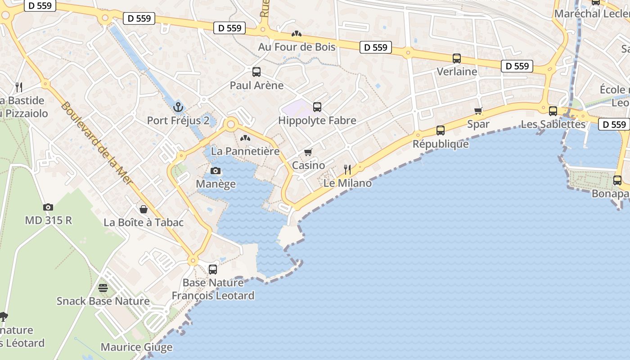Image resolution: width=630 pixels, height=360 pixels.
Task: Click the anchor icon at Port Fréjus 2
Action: (179, 107)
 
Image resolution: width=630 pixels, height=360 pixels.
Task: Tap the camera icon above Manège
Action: (216, 171)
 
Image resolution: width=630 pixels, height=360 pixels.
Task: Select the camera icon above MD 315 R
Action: (48, 207)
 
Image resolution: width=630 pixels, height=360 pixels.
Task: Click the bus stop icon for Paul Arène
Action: (256, 72)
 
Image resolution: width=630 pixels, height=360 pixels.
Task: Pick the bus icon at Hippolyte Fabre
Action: (317, 107)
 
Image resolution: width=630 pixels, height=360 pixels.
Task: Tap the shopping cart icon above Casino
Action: (308, 153)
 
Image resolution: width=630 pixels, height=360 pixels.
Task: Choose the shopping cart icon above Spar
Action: (478, 111)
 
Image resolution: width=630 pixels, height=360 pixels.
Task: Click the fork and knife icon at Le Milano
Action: (347, 169)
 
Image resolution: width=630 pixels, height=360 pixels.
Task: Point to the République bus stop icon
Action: (441, 130)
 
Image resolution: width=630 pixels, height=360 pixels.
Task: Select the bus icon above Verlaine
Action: (457, 58)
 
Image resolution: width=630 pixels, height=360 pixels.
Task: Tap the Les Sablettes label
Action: (553, 124)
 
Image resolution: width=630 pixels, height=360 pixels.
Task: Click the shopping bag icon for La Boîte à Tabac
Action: (144, 209)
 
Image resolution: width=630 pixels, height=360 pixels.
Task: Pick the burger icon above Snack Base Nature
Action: (103, 288)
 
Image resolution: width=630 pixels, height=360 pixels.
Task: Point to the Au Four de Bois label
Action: (297, 47)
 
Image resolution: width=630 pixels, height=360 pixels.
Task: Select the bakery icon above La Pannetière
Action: (245, 138)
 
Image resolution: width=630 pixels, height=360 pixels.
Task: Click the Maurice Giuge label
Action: (136, 347)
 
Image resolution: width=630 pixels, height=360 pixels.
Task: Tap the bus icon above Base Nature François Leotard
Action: (213, 270)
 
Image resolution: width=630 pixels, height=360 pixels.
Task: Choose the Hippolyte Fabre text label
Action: (317, 121)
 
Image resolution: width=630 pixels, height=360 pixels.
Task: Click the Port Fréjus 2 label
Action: (179, 121)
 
